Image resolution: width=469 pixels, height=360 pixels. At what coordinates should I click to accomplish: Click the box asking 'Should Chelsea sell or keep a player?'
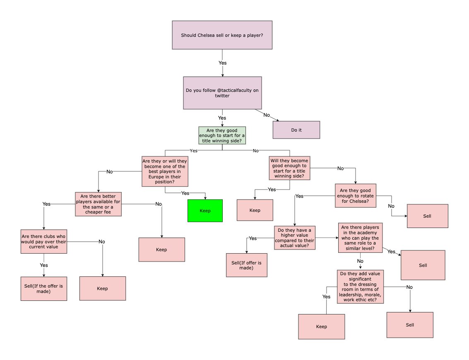click(x=222, y=35)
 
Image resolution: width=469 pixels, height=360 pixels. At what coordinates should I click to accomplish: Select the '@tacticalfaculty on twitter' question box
click(x=222, y=93)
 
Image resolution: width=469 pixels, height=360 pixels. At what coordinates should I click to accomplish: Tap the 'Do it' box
click(x=296, y=130)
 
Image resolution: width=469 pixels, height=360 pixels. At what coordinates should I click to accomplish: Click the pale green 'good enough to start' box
click(x=222, y=136)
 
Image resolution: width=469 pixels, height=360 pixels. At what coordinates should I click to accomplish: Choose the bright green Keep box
click(x=205, y=211)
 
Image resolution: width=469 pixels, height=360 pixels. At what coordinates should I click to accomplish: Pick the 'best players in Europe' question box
click(x=165, y=171)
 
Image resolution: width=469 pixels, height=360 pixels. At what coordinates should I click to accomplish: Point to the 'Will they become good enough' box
click(x=289, y=168)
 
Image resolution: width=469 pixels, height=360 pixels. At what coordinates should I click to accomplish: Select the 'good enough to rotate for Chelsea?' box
click(x=356, y=195)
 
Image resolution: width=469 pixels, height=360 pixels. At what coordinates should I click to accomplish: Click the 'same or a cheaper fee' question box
click(x=98, y=204)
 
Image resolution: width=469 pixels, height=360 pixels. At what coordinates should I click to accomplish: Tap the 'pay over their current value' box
click(x=43, y=241)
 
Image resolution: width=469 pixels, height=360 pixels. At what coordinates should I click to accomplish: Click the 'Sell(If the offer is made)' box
click(x=43, y=288)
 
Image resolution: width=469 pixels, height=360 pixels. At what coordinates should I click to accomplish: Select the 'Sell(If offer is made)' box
click(x=247, y=265)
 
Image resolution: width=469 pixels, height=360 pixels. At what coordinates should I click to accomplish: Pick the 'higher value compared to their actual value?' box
click(x=295, y=238)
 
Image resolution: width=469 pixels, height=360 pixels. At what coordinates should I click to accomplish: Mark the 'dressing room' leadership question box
click(x=360, y=286)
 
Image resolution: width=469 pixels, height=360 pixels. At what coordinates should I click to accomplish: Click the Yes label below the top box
click(x=222, y=63)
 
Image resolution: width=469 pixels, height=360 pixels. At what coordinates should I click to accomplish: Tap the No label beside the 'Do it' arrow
click(x=267, y=114)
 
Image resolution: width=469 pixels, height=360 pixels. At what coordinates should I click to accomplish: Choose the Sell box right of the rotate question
click(x=427, y=216)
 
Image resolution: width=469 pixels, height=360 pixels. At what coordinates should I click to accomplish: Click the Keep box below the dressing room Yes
click(x=321, y=326)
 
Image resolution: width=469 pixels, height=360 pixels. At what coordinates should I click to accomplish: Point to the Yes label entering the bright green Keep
click(x=185, y=193)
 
